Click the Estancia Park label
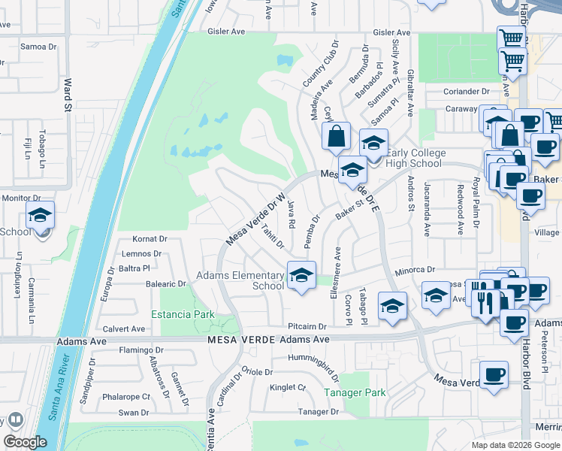point(183,314)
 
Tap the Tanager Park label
point(355,392)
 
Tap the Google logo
point(26,442)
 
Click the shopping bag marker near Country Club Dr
point(336,137)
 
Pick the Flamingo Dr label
point(141,350)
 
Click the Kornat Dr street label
point(149,238)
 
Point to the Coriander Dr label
point(466,92)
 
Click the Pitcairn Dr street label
point(307,327)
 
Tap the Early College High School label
point(414,158)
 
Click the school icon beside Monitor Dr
point(40,216)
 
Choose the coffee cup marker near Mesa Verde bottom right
point(494,374)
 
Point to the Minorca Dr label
point(415,269)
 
